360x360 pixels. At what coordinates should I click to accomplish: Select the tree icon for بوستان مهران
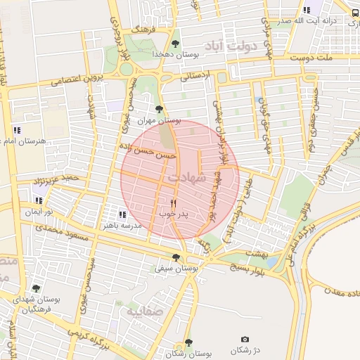(x=160, y=109)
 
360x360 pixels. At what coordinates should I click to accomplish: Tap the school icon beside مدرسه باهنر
(x=122, y=215)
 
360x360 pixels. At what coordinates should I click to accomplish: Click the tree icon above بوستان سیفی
(x=176, y=257)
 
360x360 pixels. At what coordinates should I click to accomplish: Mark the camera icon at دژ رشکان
(x=245, y=340)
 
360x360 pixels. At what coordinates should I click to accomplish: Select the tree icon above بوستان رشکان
(x=188, y=342)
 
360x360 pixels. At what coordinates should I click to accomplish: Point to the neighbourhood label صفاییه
(x=144, y=309)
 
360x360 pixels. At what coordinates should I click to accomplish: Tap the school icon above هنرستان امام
(x=17, y=130)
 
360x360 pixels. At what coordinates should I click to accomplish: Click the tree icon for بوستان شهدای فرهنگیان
(x=36, y=288)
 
